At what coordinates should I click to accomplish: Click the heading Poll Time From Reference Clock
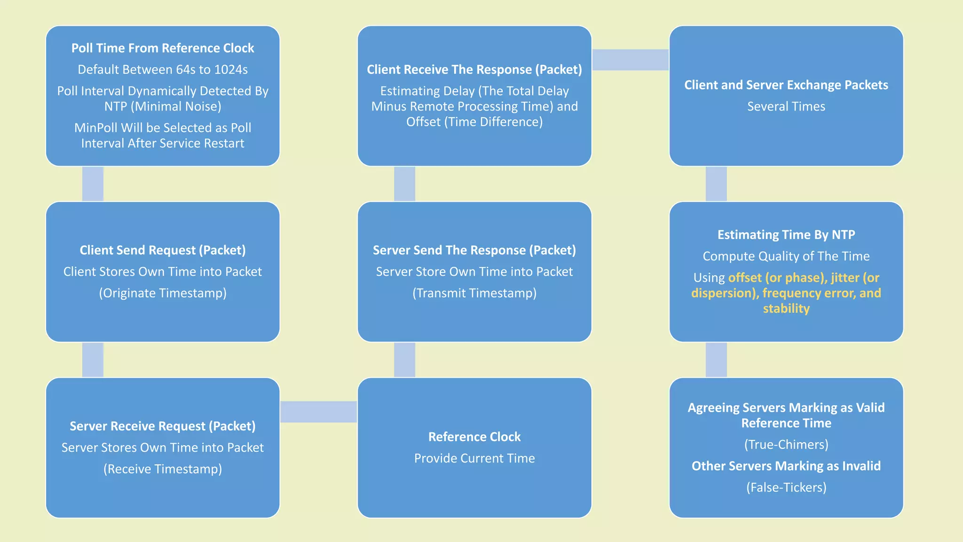(162, 48)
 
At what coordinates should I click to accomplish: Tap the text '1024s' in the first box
(230, 70)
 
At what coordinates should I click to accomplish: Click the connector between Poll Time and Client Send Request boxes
(93, 184)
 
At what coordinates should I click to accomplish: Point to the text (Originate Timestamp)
(162, 293)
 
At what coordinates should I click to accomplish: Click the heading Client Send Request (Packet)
(162, 250)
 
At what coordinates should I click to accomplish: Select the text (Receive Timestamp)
(162, 469)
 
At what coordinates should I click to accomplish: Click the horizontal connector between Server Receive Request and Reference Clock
(318, 412)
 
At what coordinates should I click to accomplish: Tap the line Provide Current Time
(474, 458)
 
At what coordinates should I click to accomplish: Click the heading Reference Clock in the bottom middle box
(474, 437)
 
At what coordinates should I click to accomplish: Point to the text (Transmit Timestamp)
(474, 293)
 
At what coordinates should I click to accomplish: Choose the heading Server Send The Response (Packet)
(474, 250)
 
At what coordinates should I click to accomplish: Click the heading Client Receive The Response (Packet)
(474, 70)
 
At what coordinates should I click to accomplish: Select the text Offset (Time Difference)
(474, 122)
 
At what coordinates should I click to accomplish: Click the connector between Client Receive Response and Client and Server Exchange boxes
(630, 60)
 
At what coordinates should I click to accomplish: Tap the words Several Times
(786, 106)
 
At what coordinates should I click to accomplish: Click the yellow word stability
(786, 309)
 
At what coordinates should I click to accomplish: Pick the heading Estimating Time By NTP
(786, 235)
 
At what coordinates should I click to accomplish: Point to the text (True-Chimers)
(786, 445)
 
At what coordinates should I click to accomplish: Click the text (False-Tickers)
(786, 487)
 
